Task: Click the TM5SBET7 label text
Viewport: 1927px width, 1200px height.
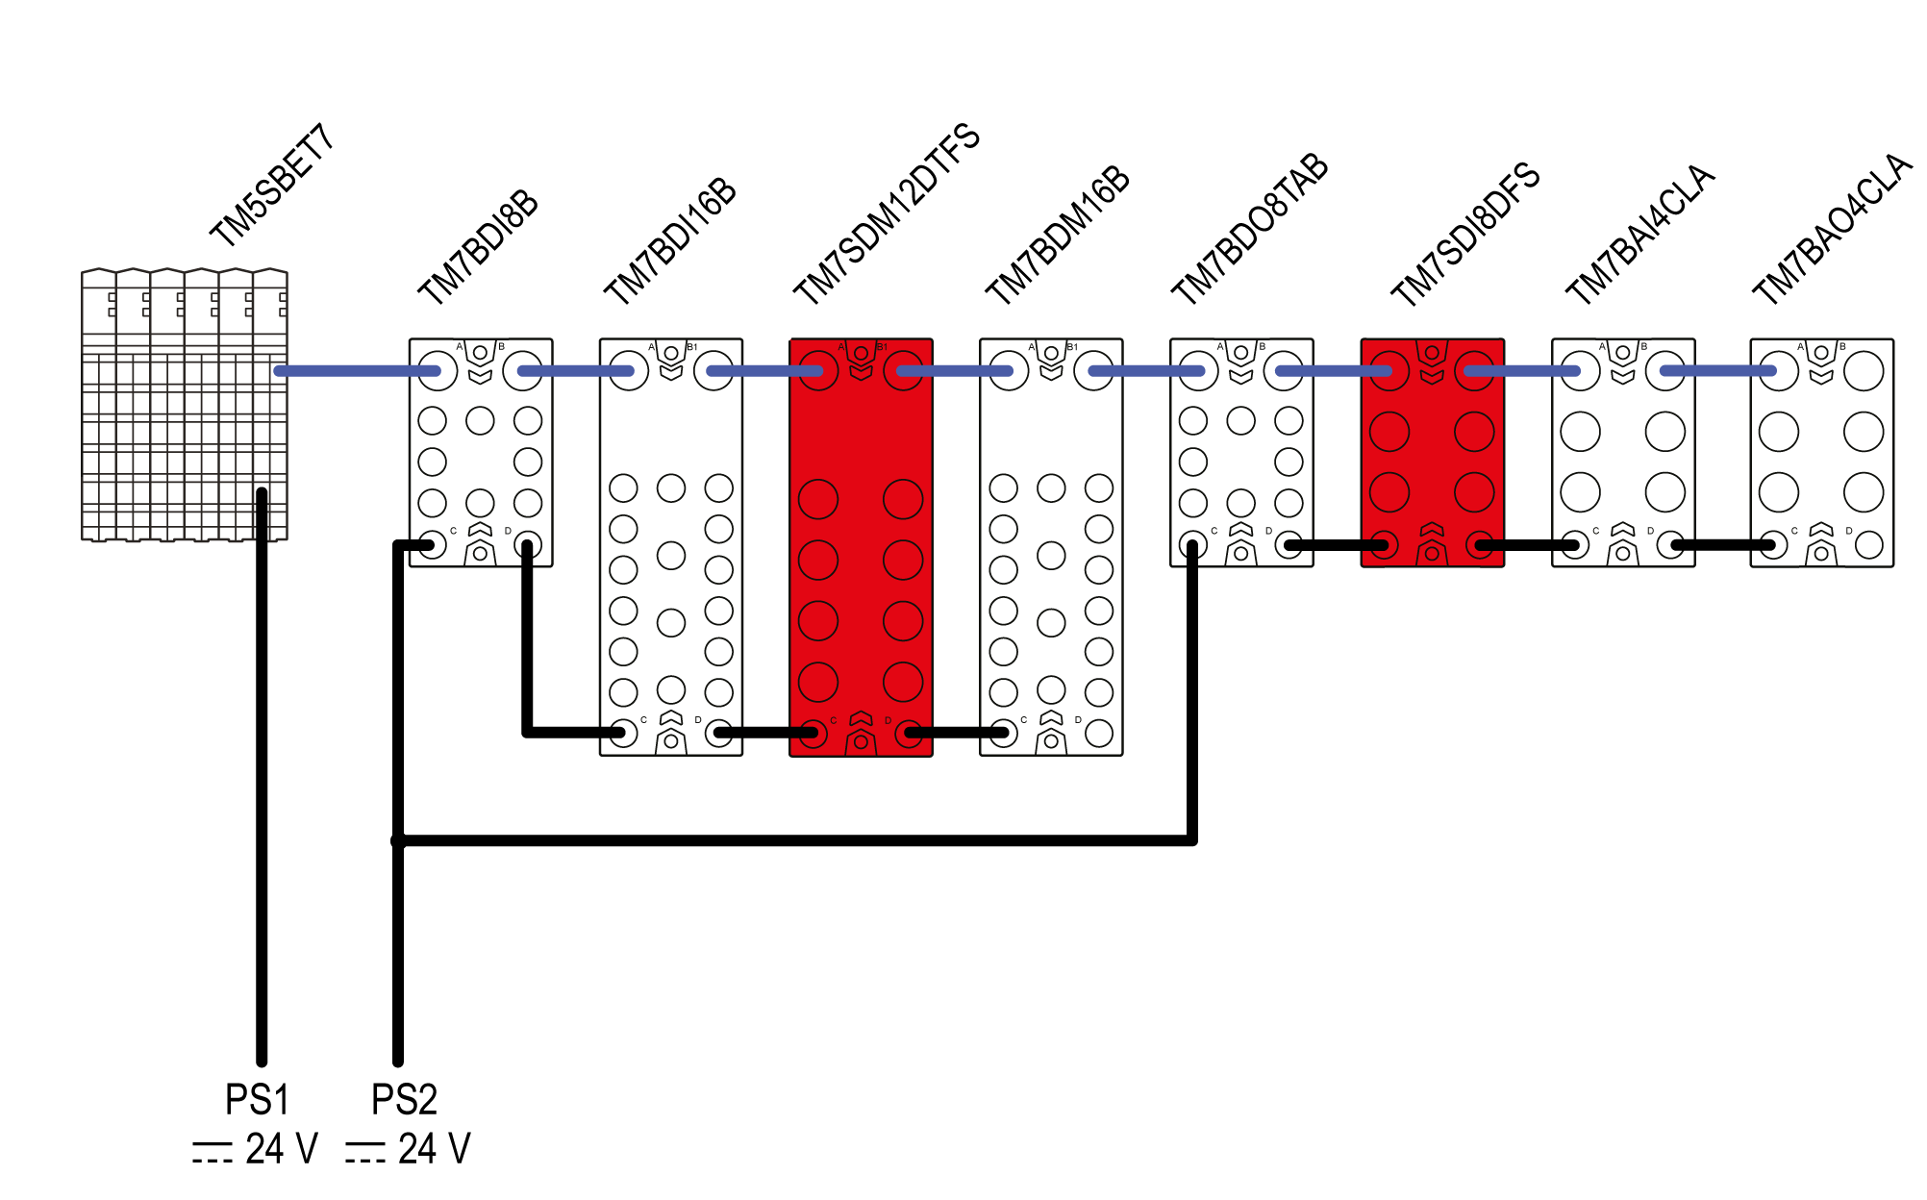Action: click(272, 185)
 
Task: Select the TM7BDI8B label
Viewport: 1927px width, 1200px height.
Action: click(478, 246)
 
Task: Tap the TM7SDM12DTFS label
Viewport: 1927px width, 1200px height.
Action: click(886, 213)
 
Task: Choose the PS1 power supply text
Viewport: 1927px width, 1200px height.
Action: click(257, 1099)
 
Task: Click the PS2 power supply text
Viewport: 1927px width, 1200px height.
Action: click(404, 1099)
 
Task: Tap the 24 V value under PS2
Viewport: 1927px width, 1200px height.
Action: click(434, 1149)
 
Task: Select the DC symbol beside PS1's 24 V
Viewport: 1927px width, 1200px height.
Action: click(212, 1152)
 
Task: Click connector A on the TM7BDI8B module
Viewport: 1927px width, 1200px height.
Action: click(438, 371)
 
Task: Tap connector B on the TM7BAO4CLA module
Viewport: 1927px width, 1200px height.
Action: click(1864, 371)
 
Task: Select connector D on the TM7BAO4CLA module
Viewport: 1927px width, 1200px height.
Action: click(1868, 545)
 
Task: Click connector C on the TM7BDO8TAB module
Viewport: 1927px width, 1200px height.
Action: click(1193, 545)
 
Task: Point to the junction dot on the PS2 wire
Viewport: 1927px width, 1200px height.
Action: click(398, 841)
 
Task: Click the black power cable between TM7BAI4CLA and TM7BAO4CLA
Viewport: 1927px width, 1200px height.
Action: click(1723, 545)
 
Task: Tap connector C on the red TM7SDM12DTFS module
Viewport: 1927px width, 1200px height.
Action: click(814, 734)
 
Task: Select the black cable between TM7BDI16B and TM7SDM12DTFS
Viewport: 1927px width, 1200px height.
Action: click(765, 733)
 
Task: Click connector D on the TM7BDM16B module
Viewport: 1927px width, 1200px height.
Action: click(1098, 734)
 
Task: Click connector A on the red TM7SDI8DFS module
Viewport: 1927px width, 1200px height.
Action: click(1389, 371)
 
